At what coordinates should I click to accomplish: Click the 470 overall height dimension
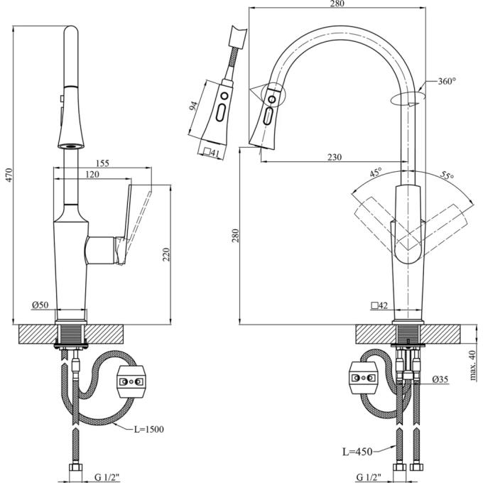point(9,175)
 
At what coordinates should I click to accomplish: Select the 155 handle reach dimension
point(102,163)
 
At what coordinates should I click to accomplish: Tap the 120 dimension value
point(92,174)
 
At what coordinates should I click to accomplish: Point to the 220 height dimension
point(165,254)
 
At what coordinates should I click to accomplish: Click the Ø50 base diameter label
point(40,305)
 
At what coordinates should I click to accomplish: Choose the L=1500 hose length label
point(148,429)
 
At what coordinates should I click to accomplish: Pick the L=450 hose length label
point(357,452)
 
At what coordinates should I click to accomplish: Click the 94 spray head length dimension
point(193,106)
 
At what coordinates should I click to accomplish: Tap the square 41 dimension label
point(212,153)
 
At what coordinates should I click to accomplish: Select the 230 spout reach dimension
point(335,157)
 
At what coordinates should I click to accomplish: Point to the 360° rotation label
point(447,81)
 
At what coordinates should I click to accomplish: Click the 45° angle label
point(376,172)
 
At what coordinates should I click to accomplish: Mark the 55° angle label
point(447,175)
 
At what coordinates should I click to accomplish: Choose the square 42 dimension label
point(379,305)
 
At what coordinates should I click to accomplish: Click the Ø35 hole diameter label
point(440,379)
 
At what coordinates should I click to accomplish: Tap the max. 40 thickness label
point(472,365)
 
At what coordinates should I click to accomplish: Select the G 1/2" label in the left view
point(107,477)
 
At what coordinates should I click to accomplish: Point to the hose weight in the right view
point(364,378)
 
